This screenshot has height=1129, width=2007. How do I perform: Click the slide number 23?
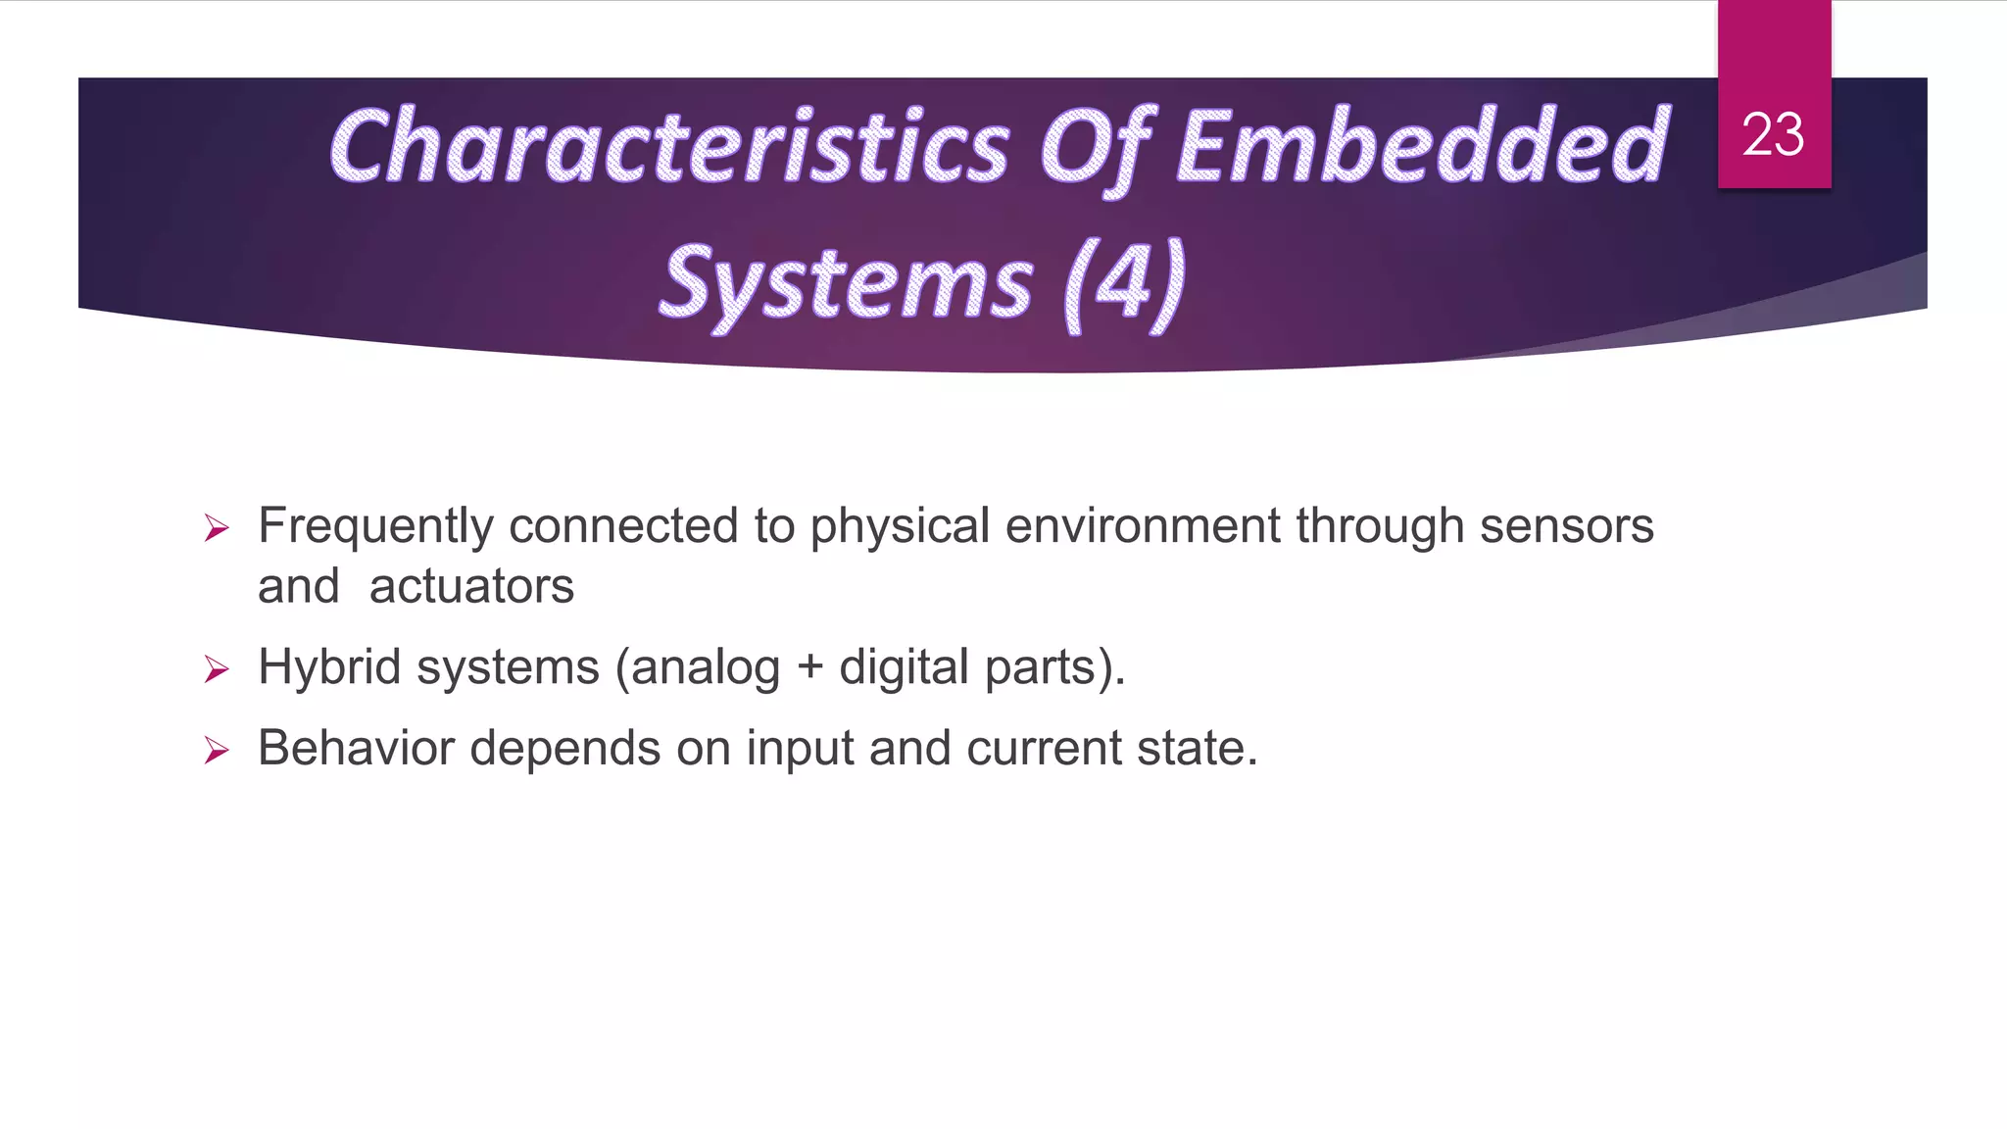click(x=1773, y=134)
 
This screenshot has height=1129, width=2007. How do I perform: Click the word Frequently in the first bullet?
click(x=375, y=526)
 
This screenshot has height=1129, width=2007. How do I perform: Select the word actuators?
click(x=471, y=587)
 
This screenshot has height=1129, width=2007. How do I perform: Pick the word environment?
click(x=1142, y=526)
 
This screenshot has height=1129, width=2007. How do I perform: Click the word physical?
click(x=900, y=526)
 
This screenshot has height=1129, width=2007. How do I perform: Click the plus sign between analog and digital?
click(x=809, y=668)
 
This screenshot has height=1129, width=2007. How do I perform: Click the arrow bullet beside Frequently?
click(x=217, y=529)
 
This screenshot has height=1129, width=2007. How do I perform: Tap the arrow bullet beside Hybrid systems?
click(x=217, y=670)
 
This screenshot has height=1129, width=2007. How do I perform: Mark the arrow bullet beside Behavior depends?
click(x=217, y=752)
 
